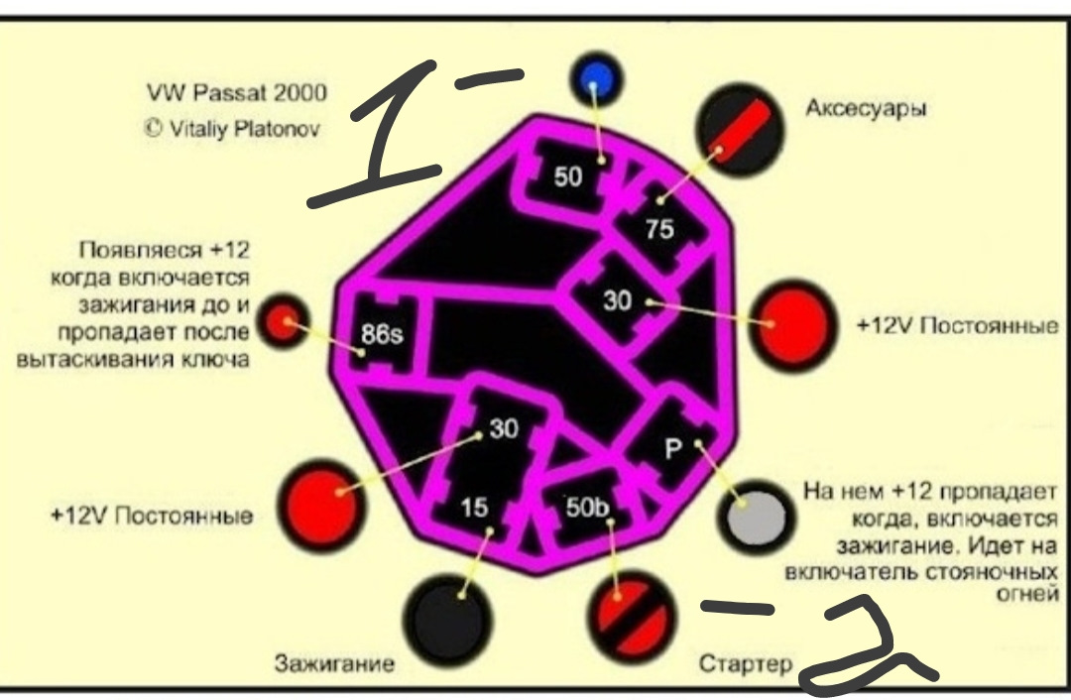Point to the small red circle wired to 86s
[287, 321]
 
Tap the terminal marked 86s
[381, 332]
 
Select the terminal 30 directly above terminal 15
[502, 427]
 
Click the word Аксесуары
[866, 109]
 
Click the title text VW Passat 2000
[236, 93]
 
